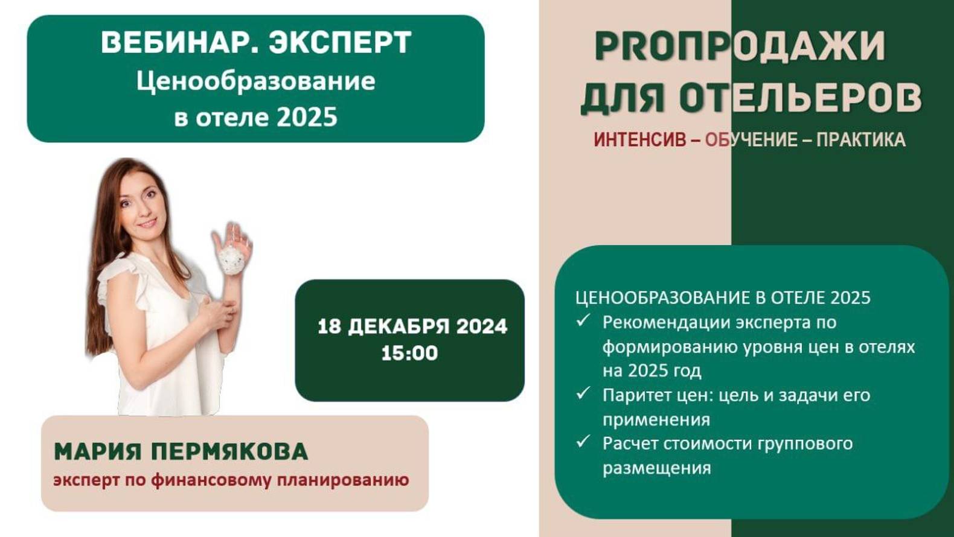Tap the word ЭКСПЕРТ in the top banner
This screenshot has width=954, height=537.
(340, 43)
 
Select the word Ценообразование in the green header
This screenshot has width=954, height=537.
(255, 81)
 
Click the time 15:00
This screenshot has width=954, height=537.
(409, 353)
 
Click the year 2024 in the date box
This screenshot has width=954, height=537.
(481, 326)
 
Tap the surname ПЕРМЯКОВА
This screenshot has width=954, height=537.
(229, 451)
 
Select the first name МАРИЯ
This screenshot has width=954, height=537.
(98, 451)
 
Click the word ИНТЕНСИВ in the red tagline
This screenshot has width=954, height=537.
(639, 140)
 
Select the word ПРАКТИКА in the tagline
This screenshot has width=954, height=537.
(860, 140)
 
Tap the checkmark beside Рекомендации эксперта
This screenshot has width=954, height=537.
(583, 320)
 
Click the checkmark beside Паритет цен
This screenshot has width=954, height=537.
(583, 393)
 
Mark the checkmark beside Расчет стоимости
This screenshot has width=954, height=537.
(583, 442)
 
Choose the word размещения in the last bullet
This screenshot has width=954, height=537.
(656, 468)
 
